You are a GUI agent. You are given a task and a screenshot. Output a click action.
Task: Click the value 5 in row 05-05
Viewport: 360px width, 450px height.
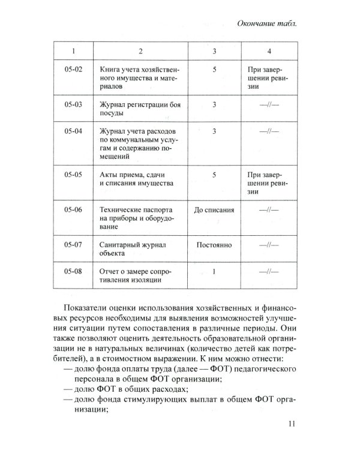[x=214, y=175]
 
